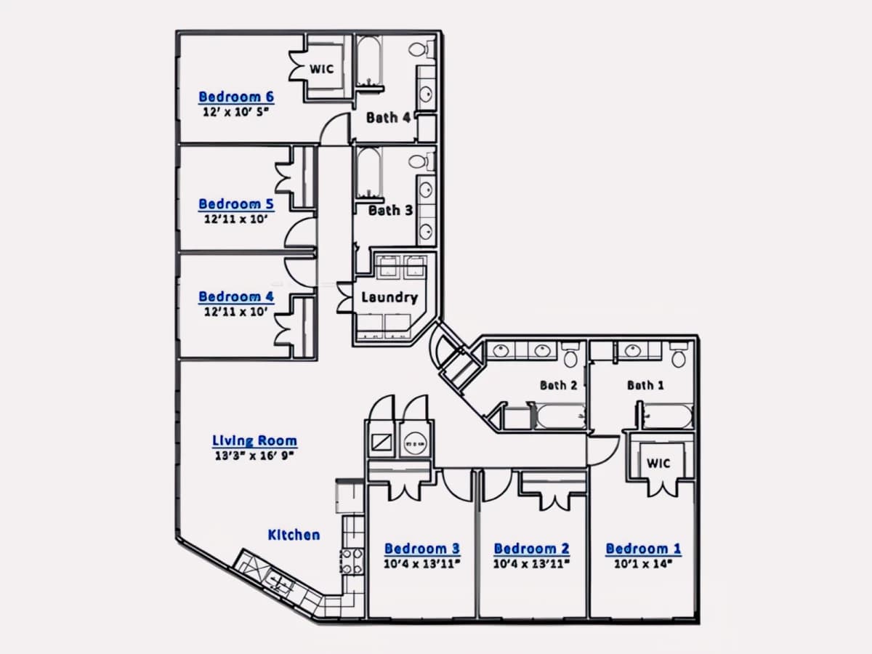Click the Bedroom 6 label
coord(236,97)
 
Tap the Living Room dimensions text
coord(254,455)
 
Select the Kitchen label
coord(294,535)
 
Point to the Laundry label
coord(389,298)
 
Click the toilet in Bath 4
coord(421,49)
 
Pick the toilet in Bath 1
coord(679,354)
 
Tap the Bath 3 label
coord(390,210)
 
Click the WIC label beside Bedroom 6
coord(321,69)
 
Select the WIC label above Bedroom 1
coord(658,463)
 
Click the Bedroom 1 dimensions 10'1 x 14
coord(643,563)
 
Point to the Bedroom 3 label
coord(422,549)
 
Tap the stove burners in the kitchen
coord(351,561)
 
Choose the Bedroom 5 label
coord(236,204)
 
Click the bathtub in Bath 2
coord(560,416)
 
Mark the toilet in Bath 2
coord(571,354)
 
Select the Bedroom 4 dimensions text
coord(236,311)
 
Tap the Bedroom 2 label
coord(531,549)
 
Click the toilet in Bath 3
coord(421,161)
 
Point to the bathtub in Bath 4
coord(369,62)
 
